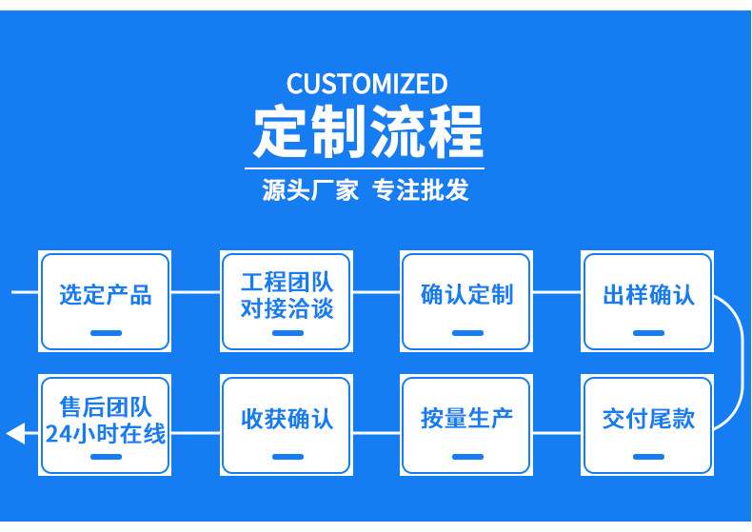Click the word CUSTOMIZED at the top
[x=366, y=84]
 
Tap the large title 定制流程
[x=367, y=131]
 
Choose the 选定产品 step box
[x=105, y=301]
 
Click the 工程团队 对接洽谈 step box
[x=287, y=301]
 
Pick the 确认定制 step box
[x=466, y=301]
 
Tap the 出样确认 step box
[x=648, y=301]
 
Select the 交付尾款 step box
[x=648, y=424]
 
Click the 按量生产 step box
[x=466, y=424]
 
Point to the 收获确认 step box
[x=287, y=424]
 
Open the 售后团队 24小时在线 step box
[x=105, y=424]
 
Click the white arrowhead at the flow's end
[x=15, y=434]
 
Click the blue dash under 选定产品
[x=106, y=333]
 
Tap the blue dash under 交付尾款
[x=648, y=457]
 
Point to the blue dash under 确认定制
[x=466, y=333]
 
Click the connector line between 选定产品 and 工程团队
[x=195, y=292]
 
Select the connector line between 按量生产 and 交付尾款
[x=556, y=433]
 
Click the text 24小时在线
[x=105, y=435]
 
